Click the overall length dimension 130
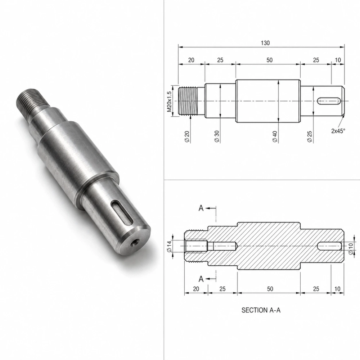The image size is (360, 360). pos(265,43)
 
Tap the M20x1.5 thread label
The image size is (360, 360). pos(169,102)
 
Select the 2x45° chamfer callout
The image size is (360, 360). pos(338,131)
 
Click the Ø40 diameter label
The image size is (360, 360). pos(275,136)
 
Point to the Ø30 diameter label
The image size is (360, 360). pos(217,136)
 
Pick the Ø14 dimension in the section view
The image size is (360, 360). pos(170,246)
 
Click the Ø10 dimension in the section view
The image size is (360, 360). pos(351,249)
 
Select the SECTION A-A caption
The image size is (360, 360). pos(261,310)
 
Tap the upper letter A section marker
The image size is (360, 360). pos(201,208)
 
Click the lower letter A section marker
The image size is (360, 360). pos(201,279)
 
